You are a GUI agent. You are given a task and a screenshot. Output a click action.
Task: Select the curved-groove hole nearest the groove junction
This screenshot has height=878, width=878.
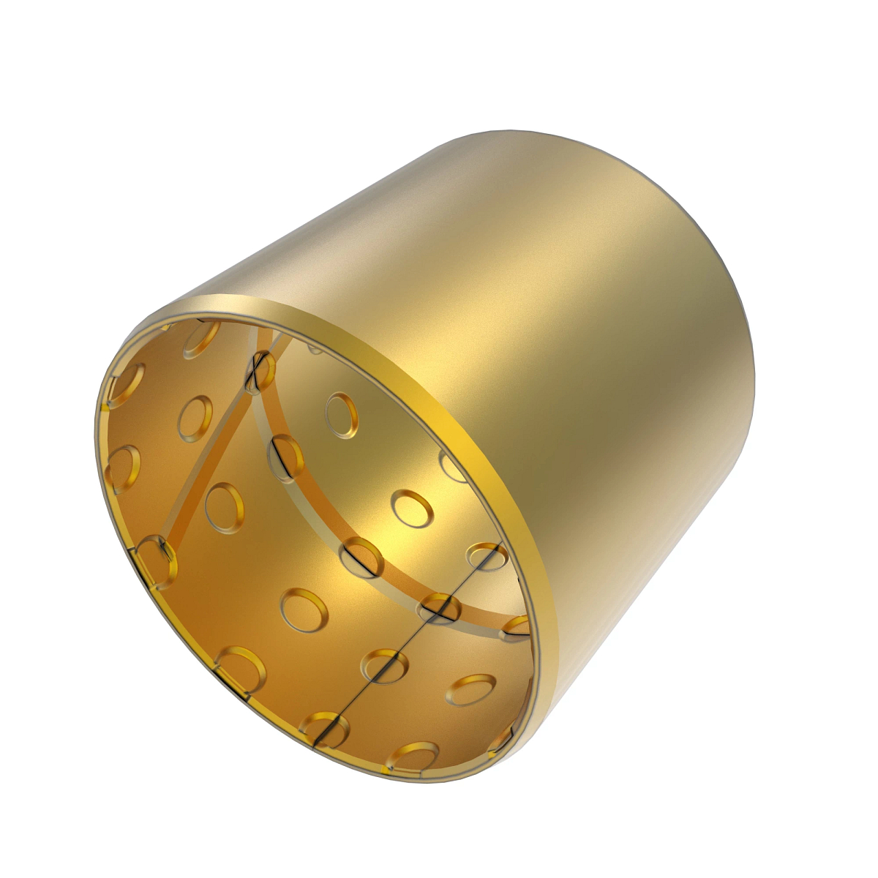(x=285, y=458)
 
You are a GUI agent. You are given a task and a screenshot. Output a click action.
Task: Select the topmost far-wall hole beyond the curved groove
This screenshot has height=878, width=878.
(x=342, y=415)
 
